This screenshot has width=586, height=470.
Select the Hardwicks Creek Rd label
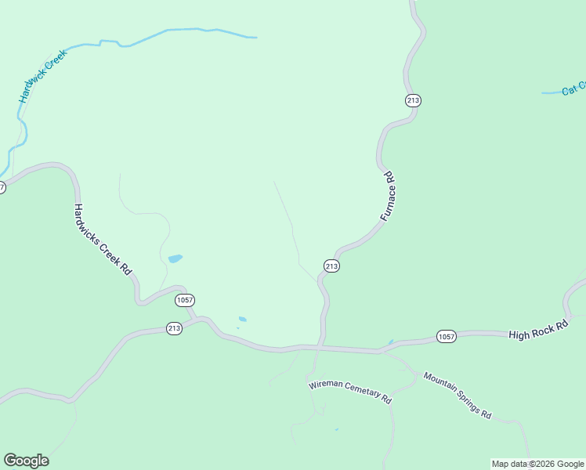102,239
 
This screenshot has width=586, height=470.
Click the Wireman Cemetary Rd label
349,391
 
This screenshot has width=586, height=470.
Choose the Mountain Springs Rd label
458,395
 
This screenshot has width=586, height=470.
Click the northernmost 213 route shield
414,100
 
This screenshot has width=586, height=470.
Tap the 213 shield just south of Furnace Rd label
331,266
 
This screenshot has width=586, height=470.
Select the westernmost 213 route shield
174,329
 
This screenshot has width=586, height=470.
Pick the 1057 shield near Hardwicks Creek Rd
185,300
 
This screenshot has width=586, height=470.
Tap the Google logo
26,461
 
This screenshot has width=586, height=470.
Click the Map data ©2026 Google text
537,465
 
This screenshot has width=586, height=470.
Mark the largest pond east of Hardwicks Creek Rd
175,258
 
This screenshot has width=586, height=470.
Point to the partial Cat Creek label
575,87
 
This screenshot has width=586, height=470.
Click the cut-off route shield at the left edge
2,187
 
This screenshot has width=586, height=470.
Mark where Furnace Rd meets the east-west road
319,345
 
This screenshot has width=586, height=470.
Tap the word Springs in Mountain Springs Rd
462,398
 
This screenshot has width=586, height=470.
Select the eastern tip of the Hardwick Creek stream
255,37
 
